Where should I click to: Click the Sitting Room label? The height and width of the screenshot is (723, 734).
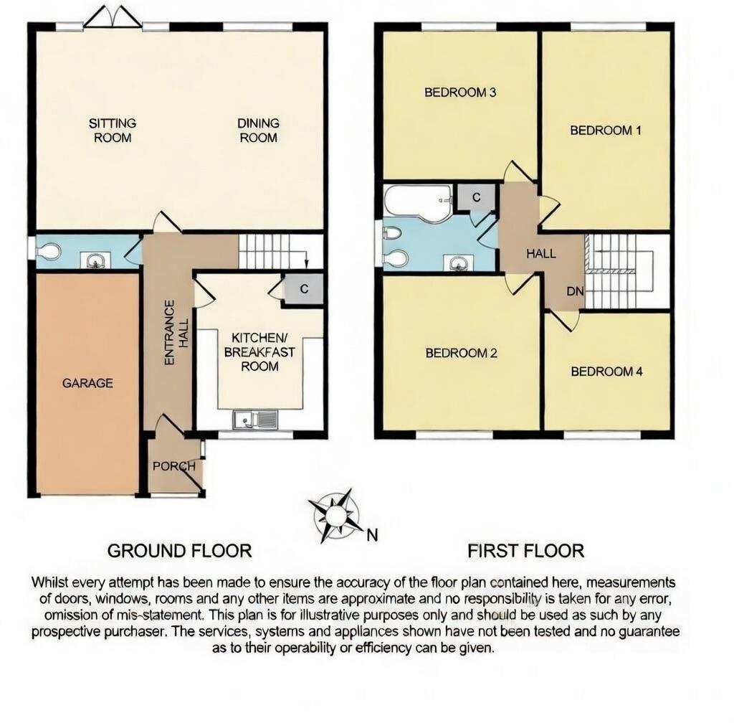tap(113, 130)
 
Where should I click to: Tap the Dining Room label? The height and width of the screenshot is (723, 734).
tap(258, 130)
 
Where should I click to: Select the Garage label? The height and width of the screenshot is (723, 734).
tap(87, 383)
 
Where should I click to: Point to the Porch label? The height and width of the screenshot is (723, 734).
tap(173, 466)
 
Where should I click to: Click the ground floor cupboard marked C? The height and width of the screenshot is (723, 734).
tap(304, 290)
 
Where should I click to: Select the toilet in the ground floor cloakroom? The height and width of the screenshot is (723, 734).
tap(49, 251)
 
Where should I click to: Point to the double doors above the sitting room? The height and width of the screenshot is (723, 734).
tap(113, 18)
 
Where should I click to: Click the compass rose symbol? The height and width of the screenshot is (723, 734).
tap(335, 515)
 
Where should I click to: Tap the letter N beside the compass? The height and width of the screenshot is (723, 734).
tap(371, 534)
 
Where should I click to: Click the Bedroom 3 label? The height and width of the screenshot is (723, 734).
tap(451, 92)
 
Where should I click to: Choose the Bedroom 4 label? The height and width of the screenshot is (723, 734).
tap(606, 372)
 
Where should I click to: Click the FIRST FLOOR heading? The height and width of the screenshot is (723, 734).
tap(525, 551)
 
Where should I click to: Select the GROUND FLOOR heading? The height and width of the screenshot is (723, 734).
tap(179, 551)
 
